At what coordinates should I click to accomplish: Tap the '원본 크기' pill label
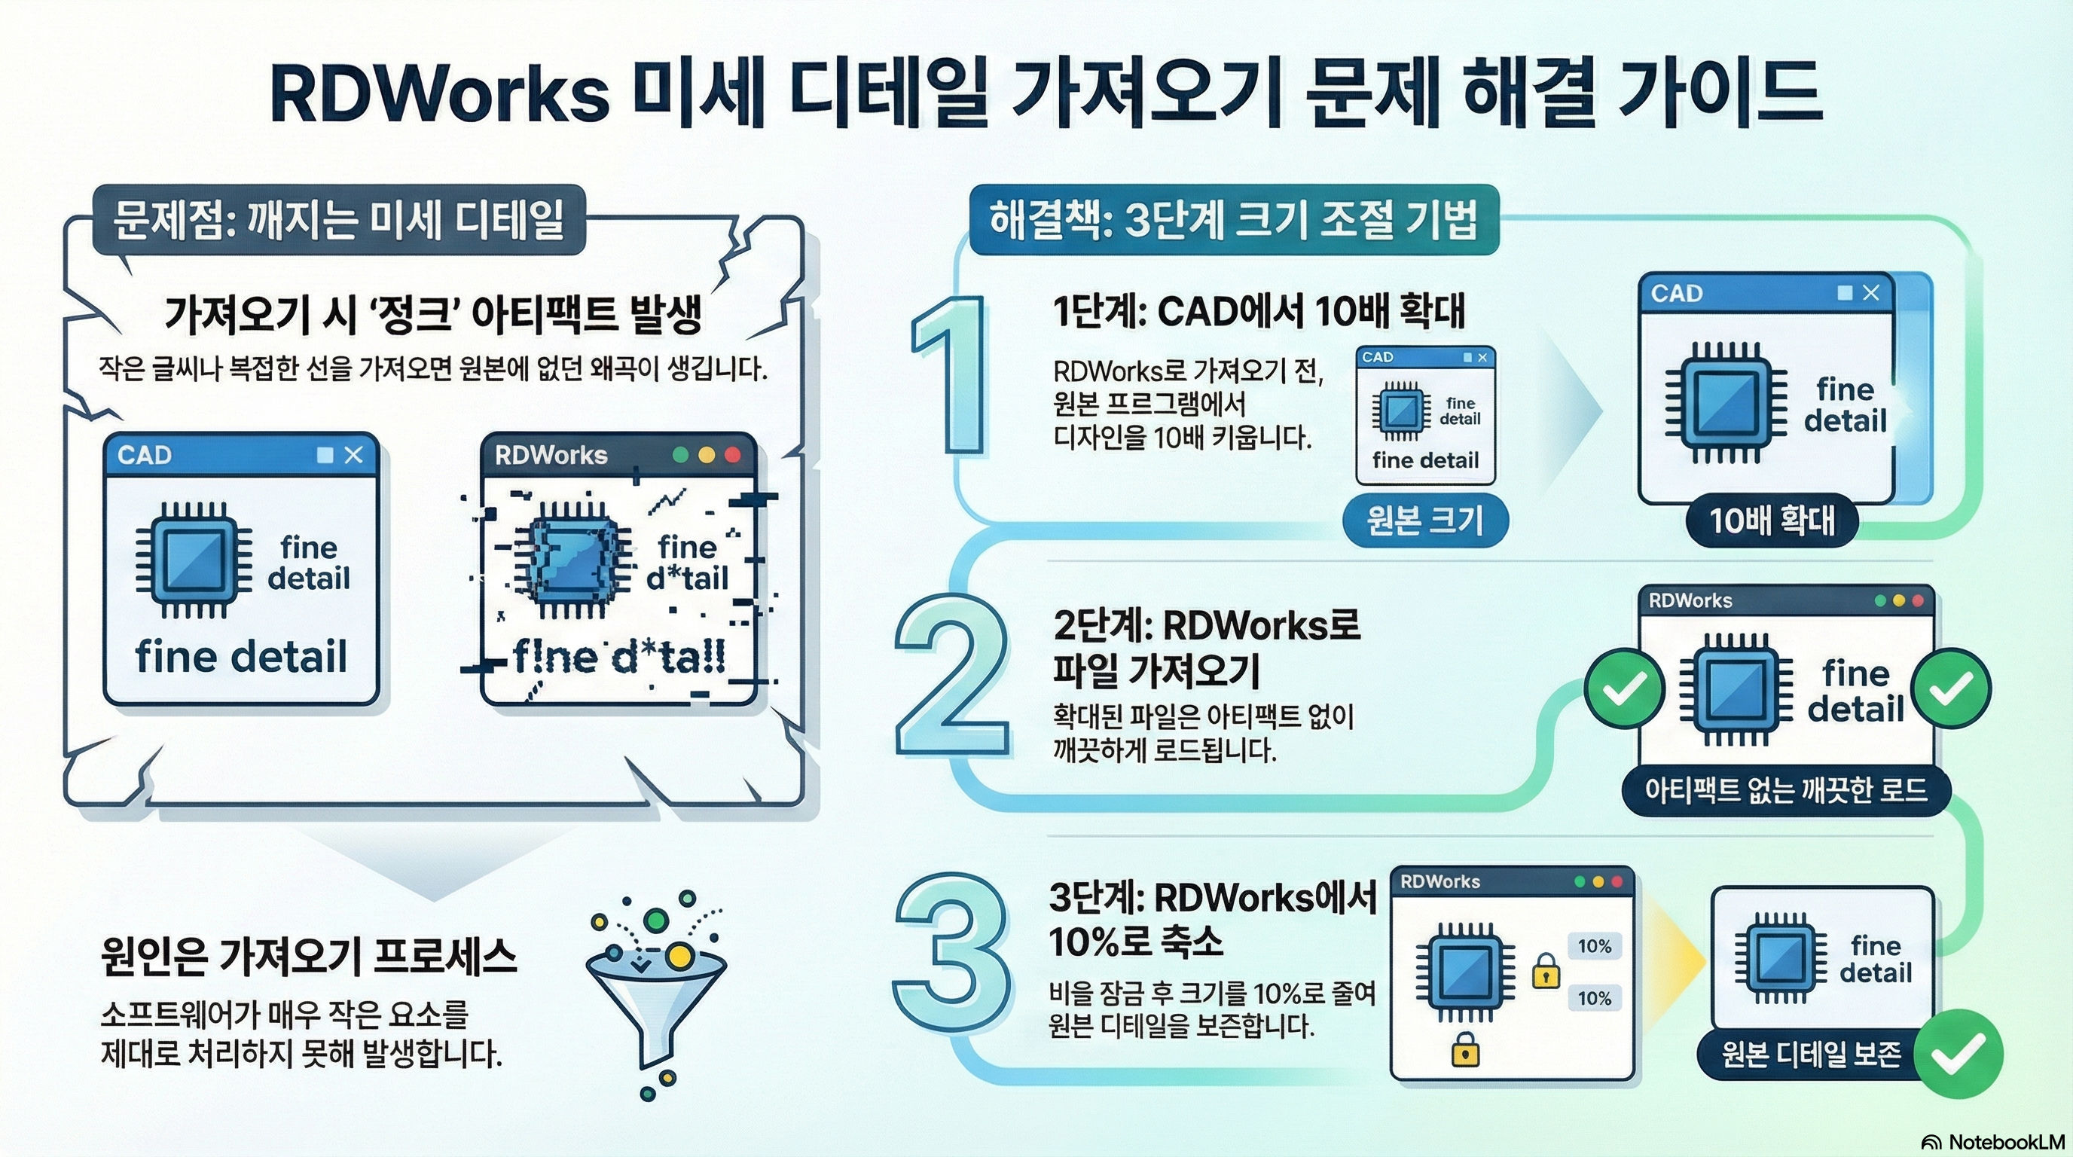[x=1425, y=520]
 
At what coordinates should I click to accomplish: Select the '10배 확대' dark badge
[x=1772, y=520]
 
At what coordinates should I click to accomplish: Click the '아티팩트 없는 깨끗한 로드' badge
[x=1786, y=790]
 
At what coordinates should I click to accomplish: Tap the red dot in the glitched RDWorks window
[x=732, y=456]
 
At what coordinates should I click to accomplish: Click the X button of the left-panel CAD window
[x=353, y=456]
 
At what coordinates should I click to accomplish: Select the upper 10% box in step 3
[x=1594, y=946]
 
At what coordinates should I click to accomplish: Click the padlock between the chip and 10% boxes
[x=1545, y=971]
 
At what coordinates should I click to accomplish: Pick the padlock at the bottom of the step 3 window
[x=1464, y=1050]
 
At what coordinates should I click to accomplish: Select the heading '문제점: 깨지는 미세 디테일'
[x=339, y=220]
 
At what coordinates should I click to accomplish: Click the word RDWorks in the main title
[x=439, y=95]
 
